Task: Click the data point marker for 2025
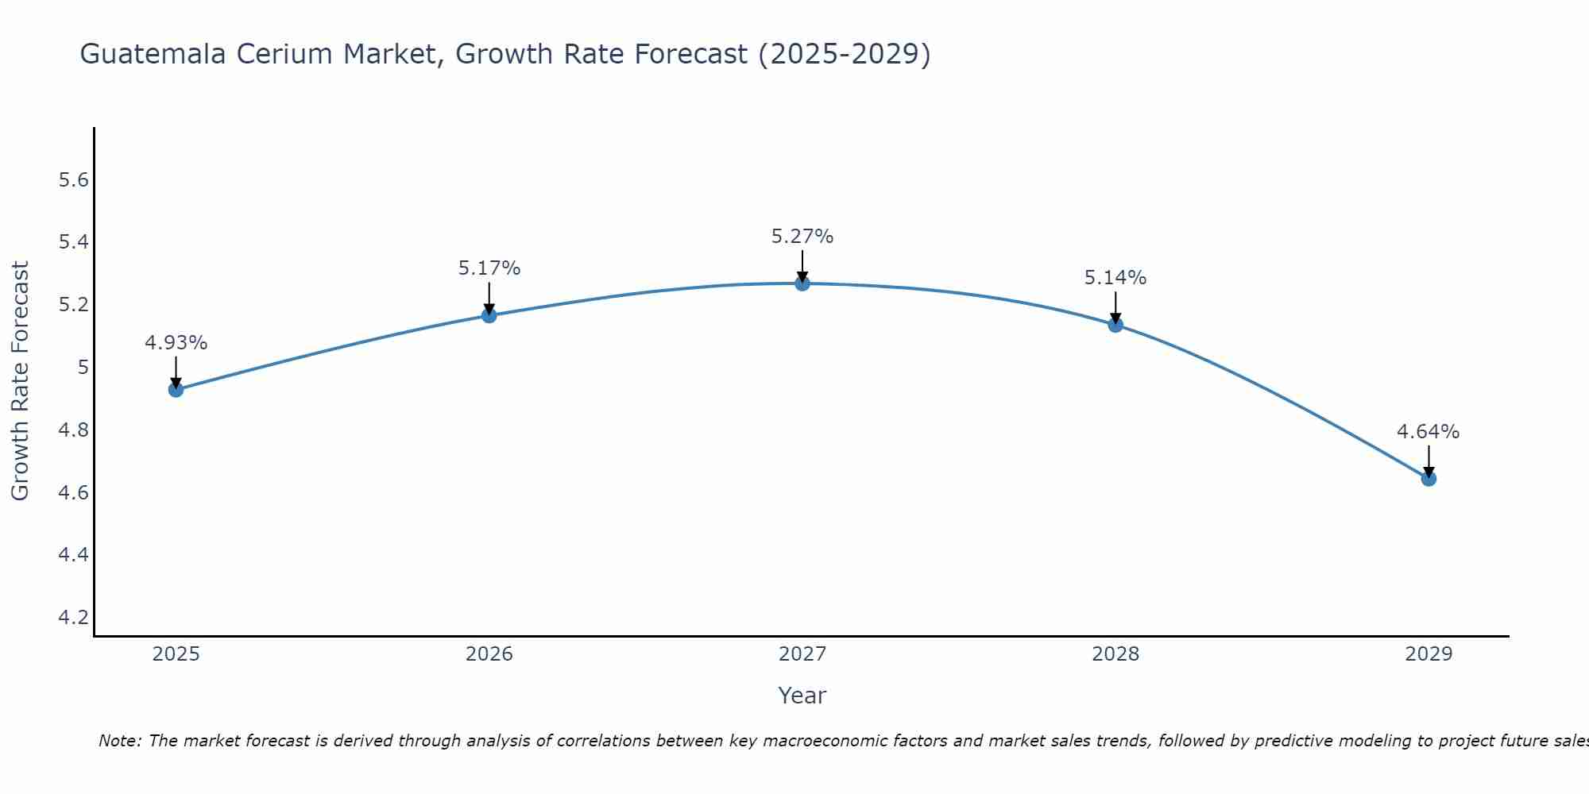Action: point(176,389)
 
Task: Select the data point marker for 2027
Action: point(802,283)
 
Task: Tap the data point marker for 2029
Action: point(1429,479)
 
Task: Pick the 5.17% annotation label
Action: point(489,268)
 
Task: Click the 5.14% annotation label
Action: point(1115,278)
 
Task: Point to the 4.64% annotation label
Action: point(1428,432)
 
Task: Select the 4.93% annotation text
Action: point(176,343)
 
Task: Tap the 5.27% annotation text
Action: point(802,237)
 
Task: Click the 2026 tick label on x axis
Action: point(489,654)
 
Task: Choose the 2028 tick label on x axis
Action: point(1115,654)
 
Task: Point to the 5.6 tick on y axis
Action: point(74,180)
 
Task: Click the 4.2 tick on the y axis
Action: point(74,617)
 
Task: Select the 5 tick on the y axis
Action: point(83,368)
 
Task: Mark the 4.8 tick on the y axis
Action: point(74,430)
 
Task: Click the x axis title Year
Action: point(802,696)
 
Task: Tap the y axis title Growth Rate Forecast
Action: point(20,381)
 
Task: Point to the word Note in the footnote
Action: point(119,741)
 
